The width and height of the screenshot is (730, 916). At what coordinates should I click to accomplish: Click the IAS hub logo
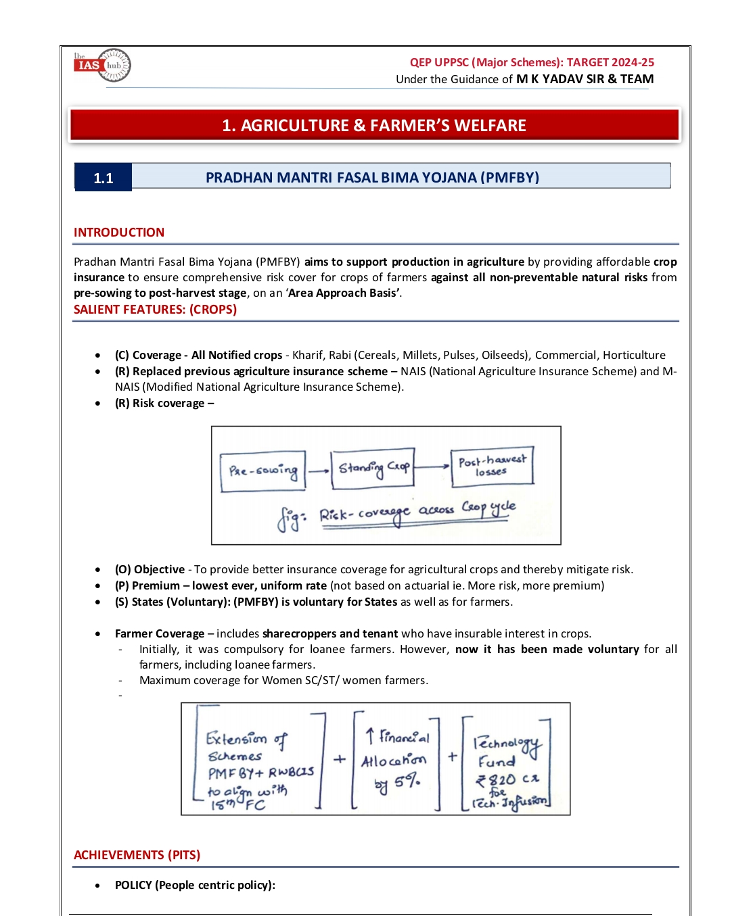point(102,66)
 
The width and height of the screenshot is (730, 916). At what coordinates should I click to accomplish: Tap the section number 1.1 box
point(103,178)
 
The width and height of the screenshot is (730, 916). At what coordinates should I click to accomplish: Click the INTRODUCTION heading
point(119,233)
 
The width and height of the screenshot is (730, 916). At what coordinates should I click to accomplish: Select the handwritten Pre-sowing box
point(263,471)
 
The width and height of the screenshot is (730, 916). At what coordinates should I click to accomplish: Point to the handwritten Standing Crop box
point(373,467)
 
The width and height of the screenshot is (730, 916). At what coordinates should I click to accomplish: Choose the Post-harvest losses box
point(492,466)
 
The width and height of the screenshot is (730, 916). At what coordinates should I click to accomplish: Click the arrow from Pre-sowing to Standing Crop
point(318,471)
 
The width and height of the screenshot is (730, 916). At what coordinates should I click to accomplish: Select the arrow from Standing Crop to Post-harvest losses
point(432,466)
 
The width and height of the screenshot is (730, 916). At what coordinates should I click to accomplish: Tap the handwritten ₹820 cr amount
point(506,779)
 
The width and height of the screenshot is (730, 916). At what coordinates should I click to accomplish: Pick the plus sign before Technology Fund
point(452,757)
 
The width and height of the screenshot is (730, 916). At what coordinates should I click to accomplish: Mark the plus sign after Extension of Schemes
point(339,759)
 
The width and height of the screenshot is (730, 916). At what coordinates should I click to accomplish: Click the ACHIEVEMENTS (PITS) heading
point(137,855)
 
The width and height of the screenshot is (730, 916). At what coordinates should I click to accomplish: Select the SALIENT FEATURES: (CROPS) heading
point(155,310)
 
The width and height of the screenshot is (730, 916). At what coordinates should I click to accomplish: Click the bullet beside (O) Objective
point(99,570)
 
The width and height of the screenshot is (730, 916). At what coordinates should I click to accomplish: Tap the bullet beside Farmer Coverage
point(99,634)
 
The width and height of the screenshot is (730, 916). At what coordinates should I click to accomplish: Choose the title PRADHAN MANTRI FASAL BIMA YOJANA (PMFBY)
point(372,178)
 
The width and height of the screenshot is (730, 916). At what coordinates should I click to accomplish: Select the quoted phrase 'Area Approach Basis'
point(343,293)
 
